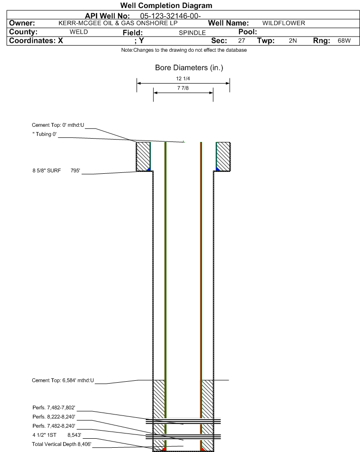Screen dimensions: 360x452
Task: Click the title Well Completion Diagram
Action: pos(166,6)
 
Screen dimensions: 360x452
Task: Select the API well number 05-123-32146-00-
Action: pos(170,16)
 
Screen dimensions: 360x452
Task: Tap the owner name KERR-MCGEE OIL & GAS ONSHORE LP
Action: pos(118,23)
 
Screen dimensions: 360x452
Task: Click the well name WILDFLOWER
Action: pos(284,23)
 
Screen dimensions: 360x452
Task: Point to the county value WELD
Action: pos(79,32)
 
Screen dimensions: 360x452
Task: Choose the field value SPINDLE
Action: pos(193,33)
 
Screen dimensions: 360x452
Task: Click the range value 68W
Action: pos(344,41)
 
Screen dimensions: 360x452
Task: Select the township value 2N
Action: pos(293,41)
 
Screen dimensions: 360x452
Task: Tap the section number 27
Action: pos(241,41)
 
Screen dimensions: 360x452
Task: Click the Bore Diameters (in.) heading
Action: pos(189,68)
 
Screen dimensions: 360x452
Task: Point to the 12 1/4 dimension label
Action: pos(183,78)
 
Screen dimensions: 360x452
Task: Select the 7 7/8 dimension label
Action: pos(183,88)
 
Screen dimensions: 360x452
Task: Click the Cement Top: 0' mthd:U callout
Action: pos(58,125)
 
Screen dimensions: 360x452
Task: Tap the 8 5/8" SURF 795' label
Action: pos(56,170)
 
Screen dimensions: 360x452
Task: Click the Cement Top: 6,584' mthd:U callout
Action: pos(63,380)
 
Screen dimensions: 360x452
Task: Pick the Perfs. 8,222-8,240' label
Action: pos(54,417)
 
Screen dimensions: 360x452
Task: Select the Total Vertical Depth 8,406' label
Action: pos(62,444)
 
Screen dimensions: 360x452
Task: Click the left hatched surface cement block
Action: pos(143,157)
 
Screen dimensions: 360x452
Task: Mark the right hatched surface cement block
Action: pos(223,157)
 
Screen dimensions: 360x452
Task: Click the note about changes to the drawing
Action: pos(184,50)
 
